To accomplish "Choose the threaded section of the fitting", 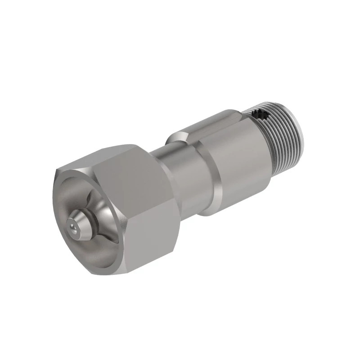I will pyautogui.click(x=283, y=135).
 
